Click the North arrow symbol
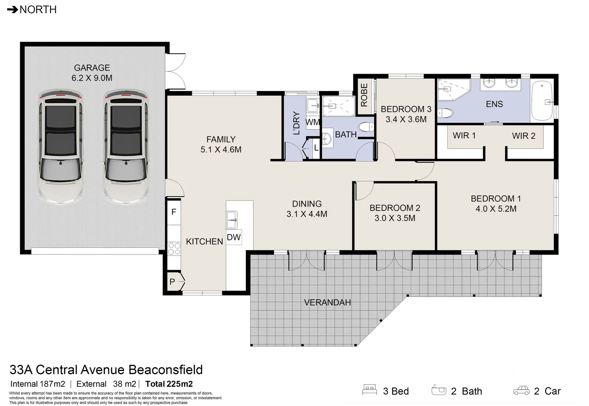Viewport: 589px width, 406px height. coord(12,10)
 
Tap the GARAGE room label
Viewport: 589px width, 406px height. coord(92,68)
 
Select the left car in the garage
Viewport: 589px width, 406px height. coord(60,148)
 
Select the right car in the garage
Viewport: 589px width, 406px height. coord(126,148)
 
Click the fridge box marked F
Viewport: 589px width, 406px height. coord(174,212)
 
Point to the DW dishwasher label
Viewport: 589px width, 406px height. coord(234,238)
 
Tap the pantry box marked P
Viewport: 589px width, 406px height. coord(173,282)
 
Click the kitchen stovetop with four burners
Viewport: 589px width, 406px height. coord(174,249)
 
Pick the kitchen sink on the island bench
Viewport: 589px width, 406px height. coord(231,220)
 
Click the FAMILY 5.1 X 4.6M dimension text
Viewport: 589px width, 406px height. coord(221,150)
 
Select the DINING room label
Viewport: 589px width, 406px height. coord(307,204)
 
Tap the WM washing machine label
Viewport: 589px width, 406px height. coord(313,122)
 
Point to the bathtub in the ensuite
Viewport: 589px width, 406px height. coord(542,101)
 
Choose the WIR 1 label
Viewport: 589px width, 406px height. coord(464,136)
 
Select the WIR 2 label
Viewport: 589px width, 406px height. coord(524,136)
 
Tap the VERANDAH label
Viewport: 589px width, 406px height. coord(327,303)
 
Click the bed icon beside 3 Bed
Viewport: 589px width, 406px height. coord(369,390)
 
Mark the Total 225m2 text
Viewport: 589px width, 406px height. coord(169,384)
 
